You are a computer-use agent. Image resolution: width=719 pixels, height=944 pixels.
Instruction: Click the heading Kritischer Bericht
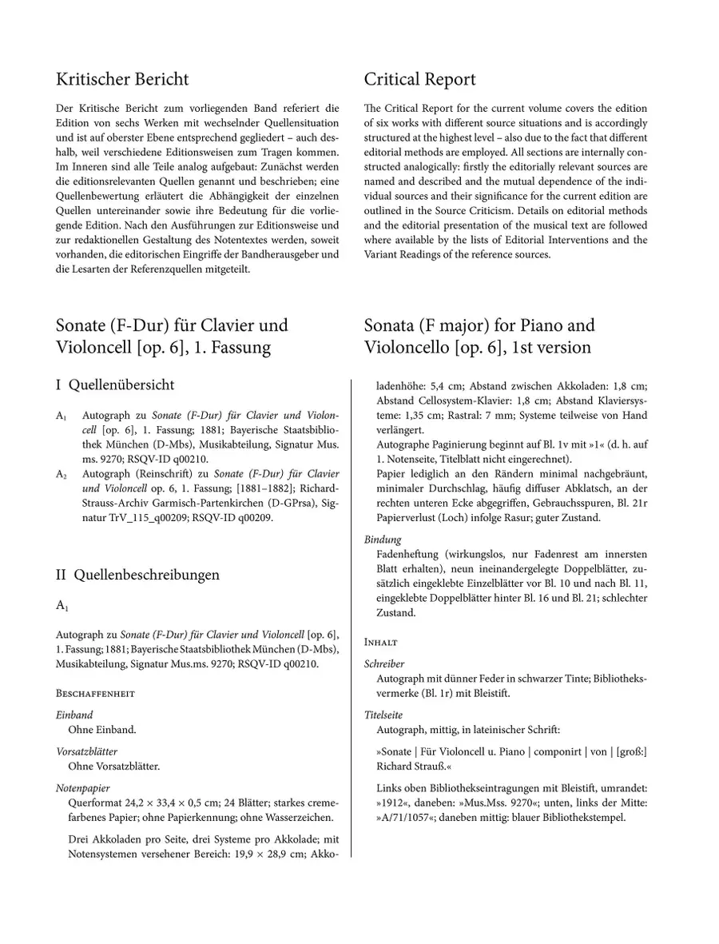pyautogui.click(x=122, y=80)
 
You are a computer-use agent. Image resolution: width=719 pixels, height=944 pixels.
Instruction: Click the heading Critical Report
pyautogui.click(x=419, y=80)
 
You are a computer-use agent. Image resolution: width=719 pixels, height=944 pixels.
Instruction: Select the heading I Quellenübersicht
pyautogui.click(x=115, y=384)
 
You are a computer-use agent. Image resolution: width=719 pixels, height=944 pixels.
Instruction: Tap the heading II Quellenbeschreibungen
pyautogui.click(x=137, y=575)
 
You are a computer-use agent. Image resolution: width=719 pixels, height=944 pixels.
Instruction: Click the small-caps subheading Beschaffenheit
pyautogui.click(x=95, y=693)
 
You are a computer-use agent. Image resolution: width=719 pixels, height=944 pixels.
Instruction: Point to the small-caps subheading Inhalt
pyautogui.click(x=381, y=642)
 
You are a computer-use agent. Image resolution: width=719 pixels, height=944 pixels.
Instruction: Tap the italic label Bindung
pyautogui.click(x=383, y=540)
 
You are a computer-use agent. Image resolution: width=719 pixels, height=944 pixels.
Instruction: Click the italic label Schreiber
pyautogui.click(x=384, y=663)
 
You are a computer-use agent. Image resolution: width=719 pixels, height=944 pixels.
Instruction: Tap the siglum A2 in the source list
pyautogui.click(x=62, y=474)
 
